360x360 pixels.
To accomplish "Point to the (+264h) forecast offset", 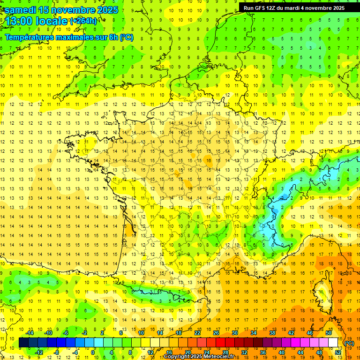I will tap(84, 21).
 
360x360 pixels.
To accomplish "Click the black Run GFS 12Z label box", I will tap(294, 7).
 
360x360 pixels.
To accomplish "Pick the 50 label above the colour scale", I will tap(329, 333).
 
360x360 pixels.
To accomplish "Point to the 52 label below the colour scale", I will tap(337, 352).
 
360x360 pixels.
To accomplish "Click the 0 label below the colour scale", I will tap(93, 352).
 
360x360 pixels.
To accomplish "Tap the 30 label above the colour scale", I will tap(235, 333).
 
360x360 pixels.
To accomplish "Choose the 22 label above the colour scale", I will tap(197, 333).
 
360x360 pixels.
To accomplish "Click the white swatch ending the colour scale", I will tap(333, 343).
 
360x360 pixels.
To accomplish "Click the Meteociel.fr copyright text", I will tap(199, 357).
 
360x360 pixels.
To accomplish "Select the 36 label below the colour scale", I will tap(263, 352).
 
